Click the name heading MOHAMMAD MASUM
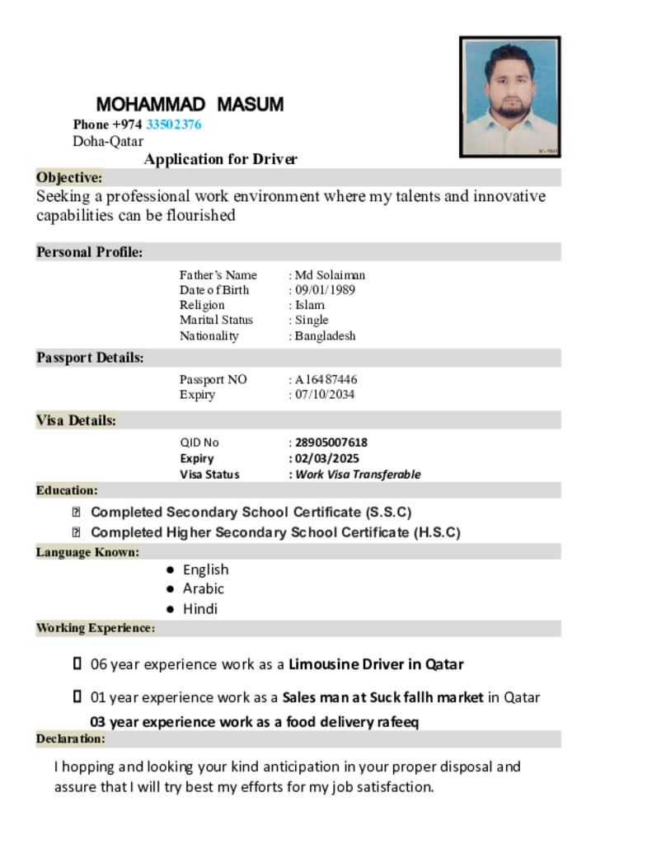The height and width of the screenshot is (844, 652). tap(190, 105)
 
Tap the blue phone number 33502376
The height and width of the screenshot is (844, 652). tap(173, 124)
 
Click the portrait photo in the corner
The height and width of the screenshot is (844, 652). tap(509, 96)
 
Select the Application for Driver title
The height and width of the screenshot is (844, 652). tap(220, 159)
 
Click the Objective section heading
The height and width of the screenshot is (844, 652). tap(69, 177)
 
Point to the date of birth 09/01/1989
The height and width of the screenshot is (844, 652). tap(326, 290)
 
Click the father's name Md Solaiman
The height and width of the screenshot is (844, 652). tap(330, 274)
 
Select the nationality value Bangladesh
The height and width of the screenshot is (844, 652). tap(326, 335)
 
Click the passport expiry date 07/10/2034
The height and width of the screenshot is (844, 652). tap(326, 394)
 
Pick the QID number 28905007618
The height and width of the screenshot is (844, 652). tap(331, 443)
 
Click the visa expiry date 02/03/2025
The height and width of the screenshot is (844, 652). tap(327, 458)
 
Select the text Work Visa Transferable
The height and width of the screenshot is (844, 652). tap(358, 474)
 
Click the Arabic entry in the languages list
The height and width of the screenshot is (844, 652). tap(204, 588)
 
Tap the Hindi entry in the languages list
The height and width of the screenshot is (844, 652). tap(200, 609)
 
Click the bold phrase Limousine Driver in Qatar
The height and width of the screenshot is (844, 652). tap(376, 664)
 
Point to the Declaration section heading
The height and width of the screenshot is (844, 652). tap(70, 738)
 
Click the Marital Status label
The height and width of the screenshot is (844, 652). tap(216, 320)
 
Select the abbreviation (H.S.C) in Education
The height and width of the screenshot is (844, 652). tap(436, 532)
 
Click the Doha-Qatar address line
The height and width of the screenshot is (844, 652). tap(108, 141)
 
